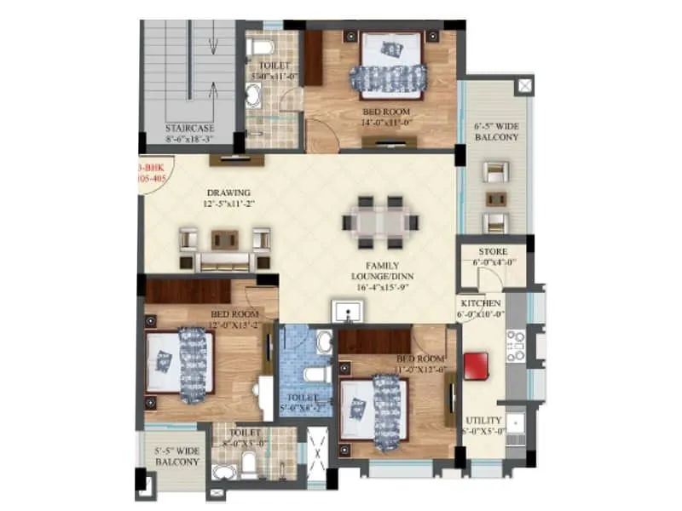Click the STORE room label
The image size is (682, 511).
pyautogui.click(x=492, y=252)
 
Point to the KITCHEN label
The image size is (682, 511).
pyautogui.click(x=481, y=303)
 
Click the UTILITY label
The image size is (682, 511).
pyautogui.click(x=483, y=420)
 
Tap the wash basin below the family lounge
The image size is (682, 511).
pyautogui.click(x=346, y=311)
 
